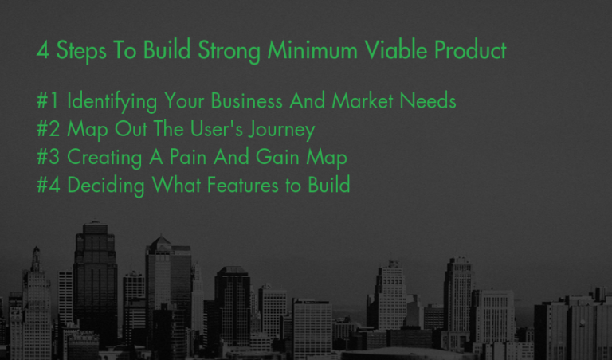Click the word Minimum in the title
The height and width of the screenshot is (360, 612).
click(x=312, y=50)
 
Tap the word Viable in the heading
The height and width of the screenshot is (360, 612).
click(x=396, y=50)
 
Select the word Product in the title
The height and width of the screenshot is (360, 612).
click(x=470, y=50)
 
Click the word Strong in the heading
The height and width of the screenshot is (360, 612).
click(x=229, y=51)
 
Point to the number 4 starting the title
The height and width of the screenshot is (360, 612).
click(x=42, y=51)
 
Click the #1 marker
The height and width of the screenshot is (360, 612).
click(x=48, y=100)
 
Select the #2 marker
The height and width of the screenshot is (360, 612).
click(x=48, y=129)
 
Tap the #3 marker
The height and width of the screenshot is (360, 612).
click(x=48, y=157)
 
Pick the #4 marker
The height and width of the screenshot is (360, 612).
click(x=49, y=185)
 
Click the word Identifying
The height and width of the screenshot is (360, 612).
click(x=112, y=101)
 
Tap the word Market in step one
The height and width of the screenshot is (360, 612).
click(x=363, y=100)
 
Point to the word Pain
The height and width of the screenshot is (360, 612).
click(x=188, y=157)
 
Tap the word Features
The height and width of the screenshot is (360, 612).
click(x=243, y=185)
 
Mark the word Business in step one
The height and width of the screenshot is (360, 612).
click(x=247, y=100)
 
